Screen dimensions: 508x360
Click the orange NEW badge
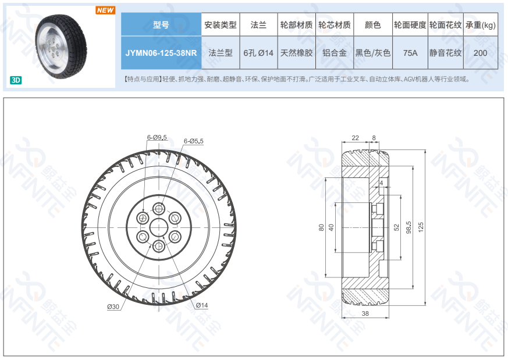pyautogui.click(x=105, y=10)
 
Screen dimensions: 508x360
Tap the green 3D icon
pyautogui.click(x=16, y=80)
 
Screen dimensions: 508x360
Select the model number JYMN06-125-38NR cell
pyautogui.click(x=161, y=53)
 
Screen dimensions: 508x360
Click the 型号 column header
pyautogui.click(x=161, y=24)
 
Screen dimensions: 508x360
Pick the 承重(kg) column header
pyautogui.click(x=481, y=24)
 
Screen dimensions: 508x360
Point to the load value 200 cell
pyautogui.click(x=481, y=53)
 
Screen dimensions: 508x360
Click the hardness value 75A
pyautogui.click(x=410, y=53)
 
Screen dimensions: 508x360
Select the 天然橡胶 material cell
pyautogui.click(x=296, y=53)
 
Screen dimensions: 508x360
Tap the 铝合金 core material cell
pyautogui.click(x=335, y=53)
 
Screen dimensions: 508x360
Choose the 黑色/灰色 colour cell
pyautogui.click(x=373, y=53)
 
